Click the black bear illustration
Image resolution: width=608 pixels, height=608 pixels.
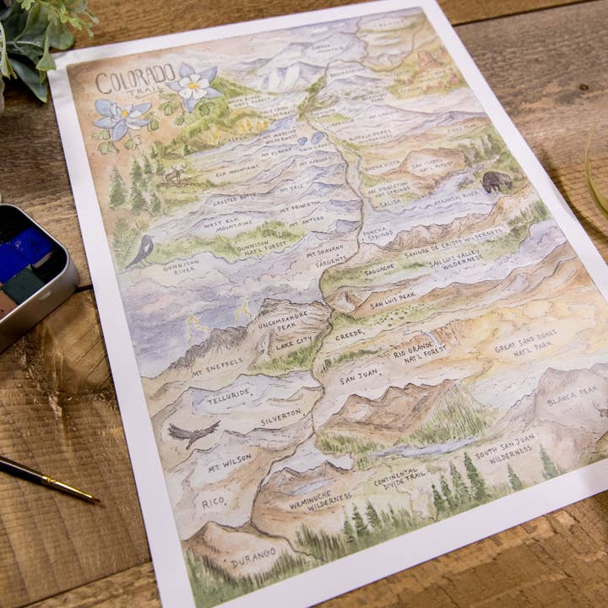pos(497,181)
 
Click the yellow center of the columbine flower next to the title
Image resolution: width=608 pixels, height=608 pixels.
pos(193,85)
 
